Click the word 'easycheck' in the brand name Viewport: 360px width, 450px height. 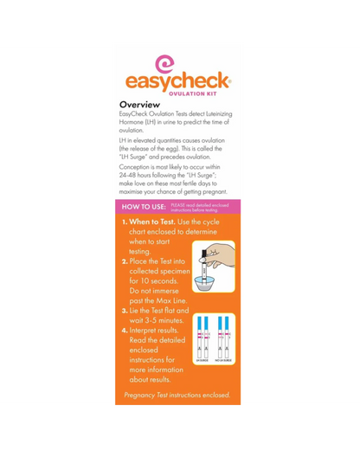click(x=177, y=81)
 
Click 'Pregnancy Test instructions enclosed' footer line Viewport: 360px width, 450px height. click(x=177, y=395)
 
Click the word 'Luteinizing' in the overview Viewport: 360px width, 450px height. click(x=214, y=114)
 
